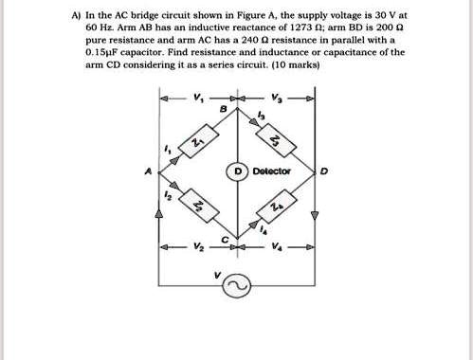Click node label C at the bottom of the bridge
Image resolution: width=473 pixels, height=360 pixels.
coord(225,239)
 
